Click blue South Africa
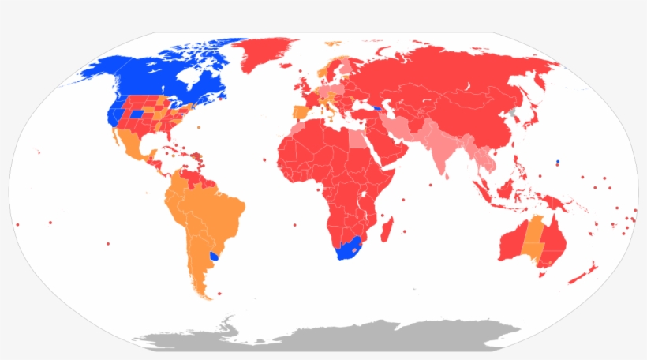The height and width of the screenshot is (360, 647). [x=348, y=249]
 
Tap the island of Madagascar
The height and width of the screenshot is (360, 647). [x=387, y=231]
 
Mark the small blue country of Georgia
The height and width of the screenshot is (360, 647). [x=378, y=108]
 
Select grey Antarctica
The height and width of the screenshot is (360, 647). [x=331, y=339]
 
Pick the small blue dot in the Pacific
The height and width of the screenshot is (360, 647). [x=558, y=161]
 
